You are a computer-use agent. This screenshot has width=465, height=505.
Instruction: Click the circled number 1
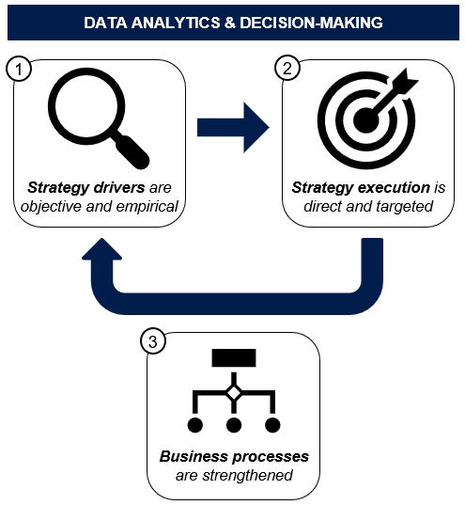coord(19,69)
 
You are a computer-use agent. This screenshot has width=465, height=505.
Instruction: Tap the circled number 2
coord(287,69)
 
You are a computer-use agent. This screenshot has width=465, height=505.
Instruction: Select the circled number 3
coord(153,341)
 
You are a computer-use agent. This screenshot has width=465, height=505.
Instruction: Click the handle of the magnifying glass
coord(132,151)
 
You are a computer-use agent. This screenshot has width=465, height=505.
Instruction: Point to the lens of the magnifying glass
coord(86,106)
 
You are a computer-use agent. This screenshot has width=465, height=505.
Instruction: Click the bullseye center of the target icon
coord(365,120)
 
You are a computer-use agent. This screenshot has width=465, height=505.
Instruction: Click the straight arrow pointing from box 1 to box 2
coord(233,127)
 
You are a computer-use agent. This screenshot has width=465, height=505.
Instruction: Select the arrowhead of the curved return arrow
coord(102,248)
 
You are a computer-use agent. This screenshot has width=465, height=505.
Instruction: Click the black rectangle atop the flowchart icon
coord(234,357)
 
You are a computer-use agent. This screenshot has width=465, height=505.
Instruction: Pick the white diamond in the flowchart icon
coord(234,393)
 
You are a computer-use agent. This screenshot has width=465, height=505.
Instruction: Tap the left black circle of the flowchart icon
coord(195,425)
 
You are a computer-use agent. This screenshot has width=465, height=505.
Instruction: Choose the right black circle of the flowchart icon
coord(272,425)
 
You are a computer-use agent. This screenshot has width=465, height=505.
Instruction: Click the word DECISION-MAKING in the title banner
coord(311,23)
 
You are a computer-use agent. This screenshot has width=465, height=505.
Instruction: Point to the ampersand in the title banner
coord(230,23)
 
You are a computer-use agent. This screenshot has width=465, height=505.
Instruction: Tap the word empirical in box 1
coord(147,207)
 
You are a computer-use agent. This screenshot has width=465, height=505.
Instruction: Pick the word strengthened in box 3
coord(247,475)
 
